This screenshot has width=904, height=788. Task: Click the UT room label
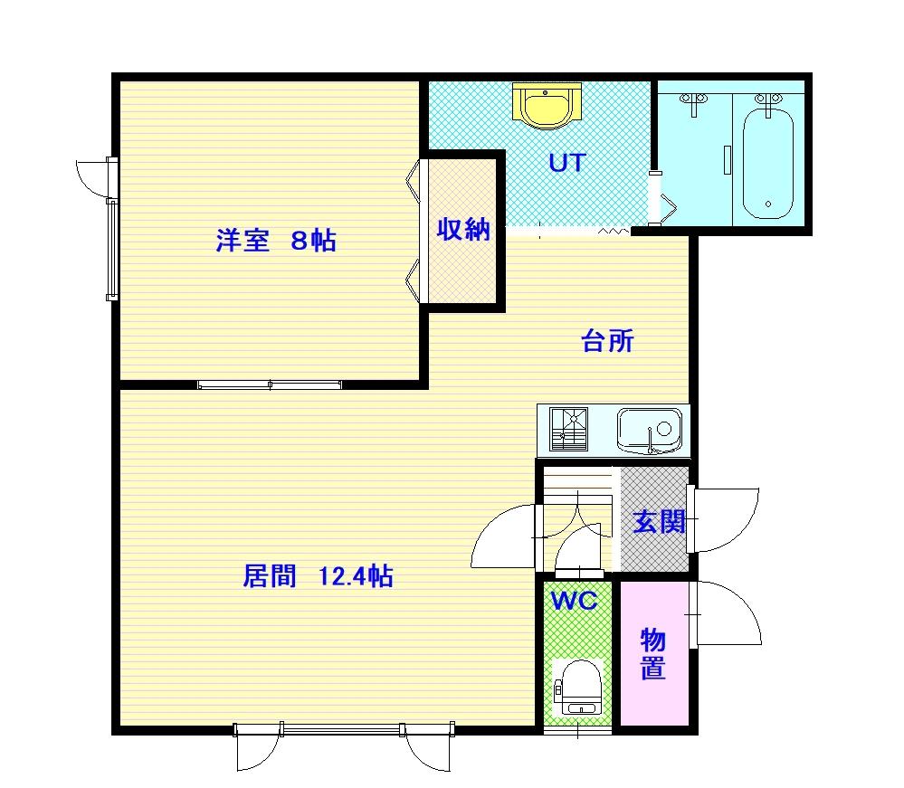point(567,163)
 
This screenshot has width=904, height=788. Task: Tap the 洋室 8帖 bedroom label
point(276,241)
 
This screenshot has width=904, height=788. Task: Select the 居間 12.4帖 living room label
point(318,576)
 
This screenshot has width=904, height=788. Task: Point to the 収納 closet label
point(463,230)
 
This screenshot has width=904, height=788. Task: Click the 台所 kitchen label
point(608,341)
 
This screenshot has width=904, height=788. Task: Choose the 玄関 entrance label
point(659,522)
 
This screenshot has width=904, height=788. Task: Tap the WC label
point(575,601)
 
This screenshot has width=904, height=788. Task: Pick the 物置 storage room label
point(653,654)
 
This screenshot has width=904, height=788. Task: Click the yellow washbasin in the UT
point(546,106)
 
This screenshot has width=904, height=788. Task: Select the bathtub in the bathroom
point(768,164)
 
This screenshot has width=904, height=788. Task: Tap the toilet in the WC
point(578,688)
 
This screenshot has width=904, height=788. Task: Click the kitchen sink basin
point(650,430)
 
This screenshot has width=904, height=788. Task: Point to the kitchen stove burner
point(568,429)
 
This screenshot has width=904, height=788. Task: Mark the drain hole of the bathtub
point(768,204)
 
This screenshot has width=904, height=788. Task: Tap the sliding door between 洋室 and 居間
point(270,385)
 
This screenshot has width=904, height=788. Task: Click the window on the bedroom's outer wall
point(112,250)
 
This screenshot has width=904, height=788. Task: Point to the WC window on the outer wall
point(577,731)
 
